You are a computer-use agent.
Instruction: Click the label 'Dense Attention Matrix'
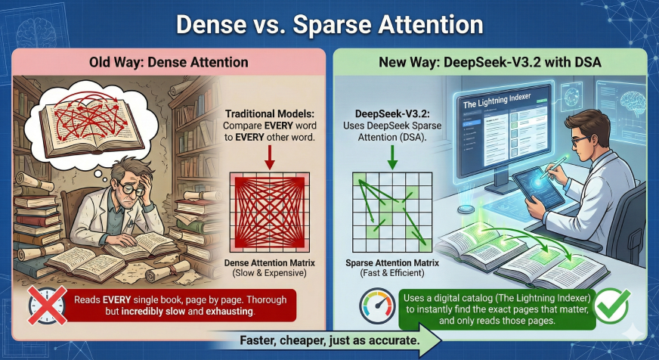tap(269, 262)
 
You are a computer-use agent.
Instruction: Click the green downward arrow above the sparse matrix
tap(392, 157)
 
